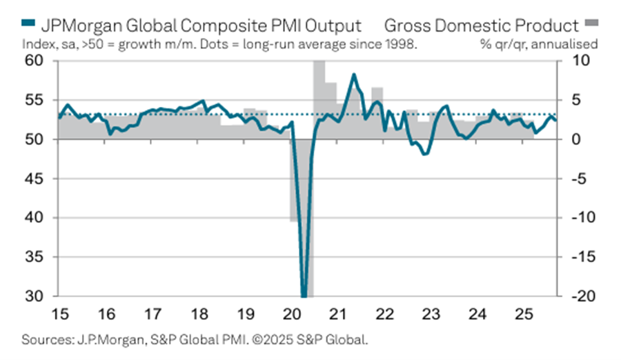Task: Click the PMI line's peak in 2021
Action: coord(354,74)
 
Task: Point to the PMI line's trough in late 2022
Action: coord(424,154)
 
